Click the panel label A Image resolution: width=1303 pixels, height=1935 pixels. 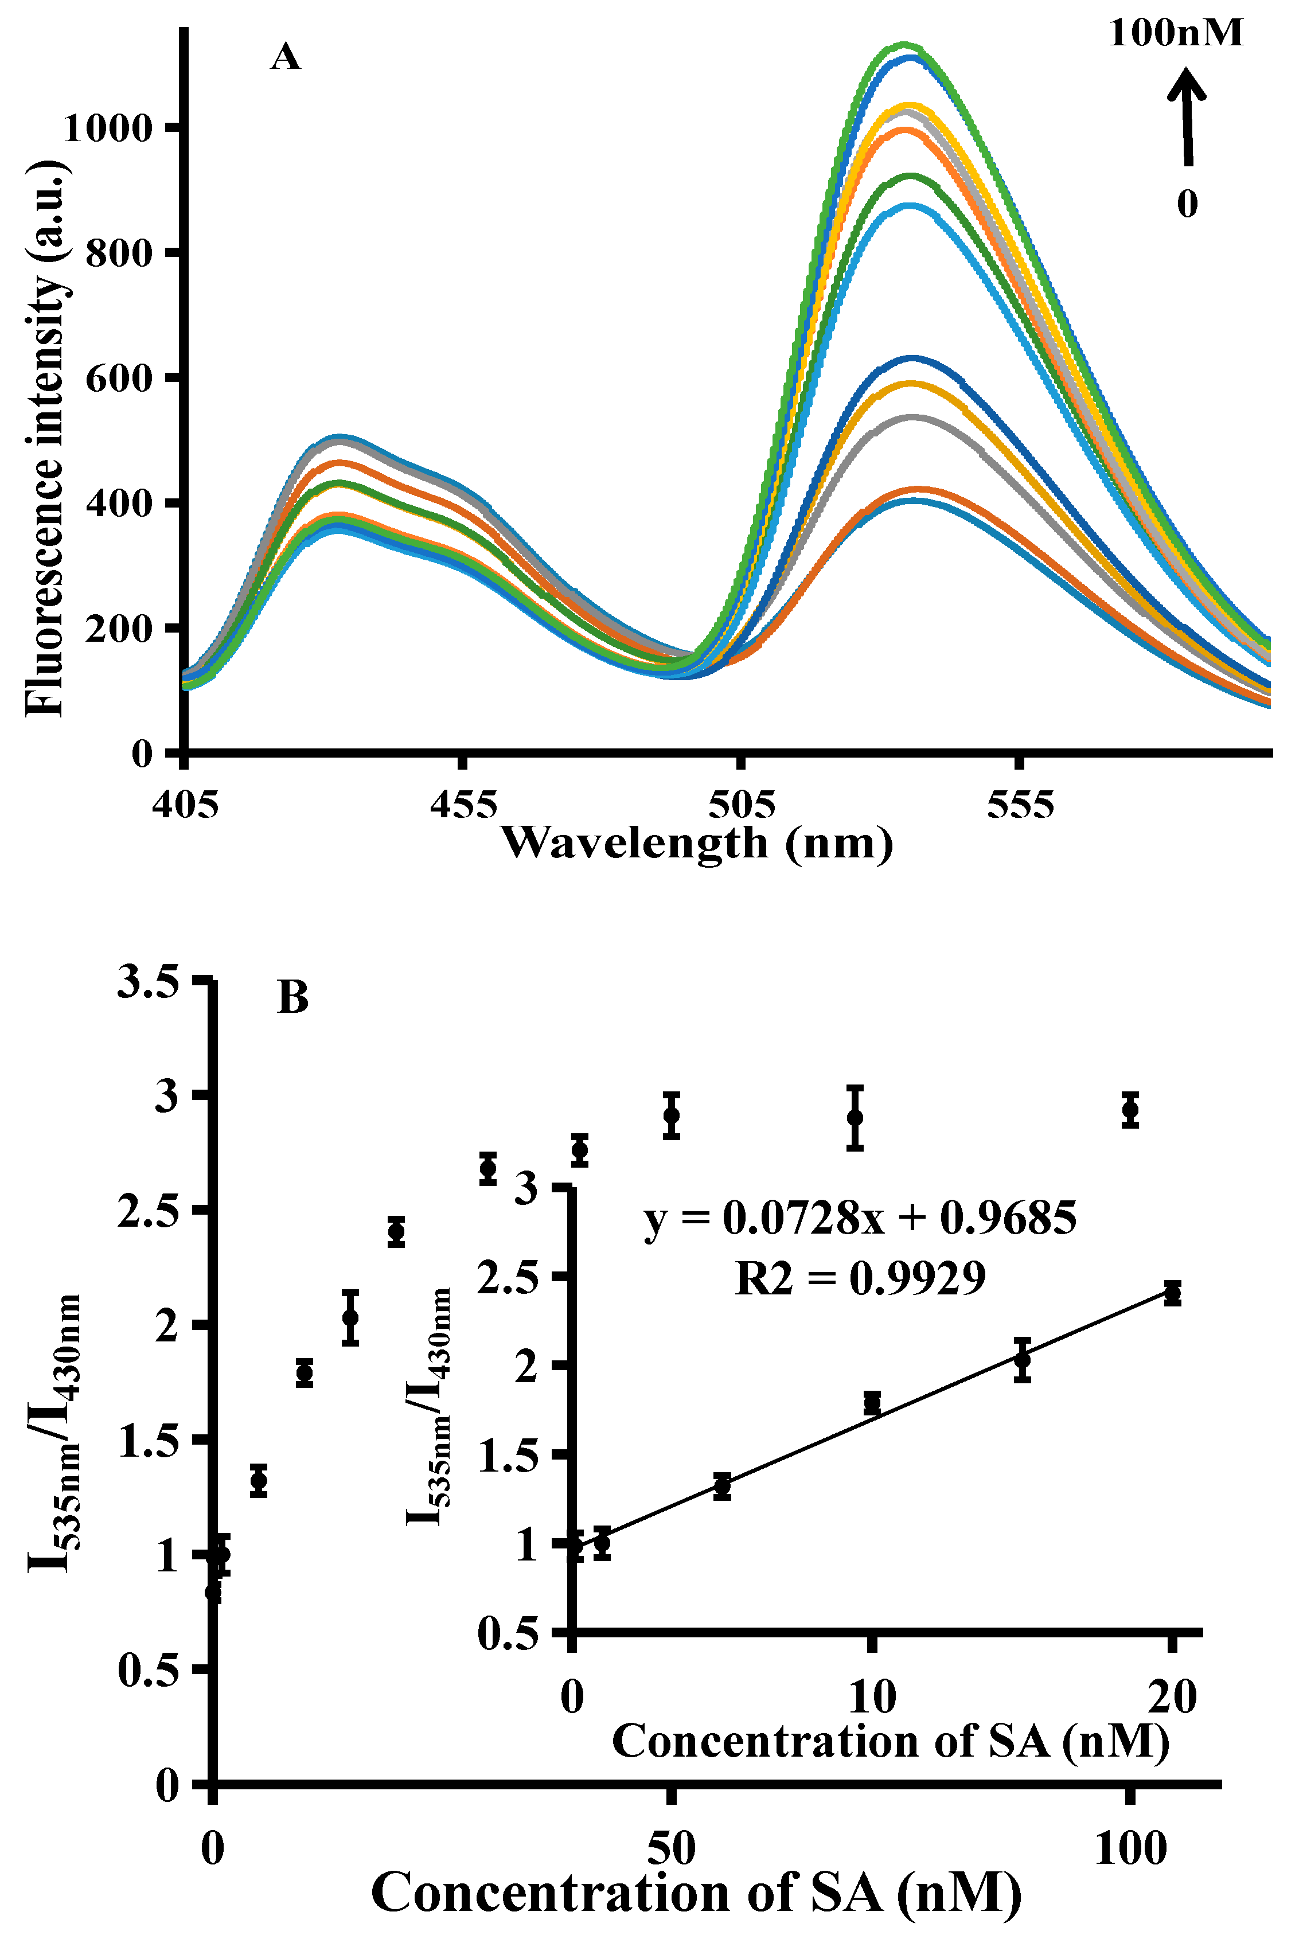coord(285,57)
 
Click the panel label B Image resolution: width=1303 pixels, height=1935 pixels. coord(292,997)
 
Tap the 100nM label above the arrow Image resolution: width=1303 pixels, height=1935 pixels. coord(1176,33)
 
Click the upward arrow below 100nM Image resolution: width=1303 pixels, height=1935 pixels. coord(1187,116)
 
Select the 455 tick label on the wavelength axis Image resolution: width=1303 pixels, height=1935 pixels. coord(463,804)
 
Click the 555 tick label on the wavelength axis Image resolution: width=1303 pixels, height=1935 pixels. coord(1020,804)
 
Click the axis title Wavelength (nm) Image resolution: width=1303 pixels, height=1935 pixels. coord(696,842)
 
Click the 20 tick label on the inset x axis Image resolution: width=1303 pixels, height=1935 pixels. coord(1172,1696)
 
